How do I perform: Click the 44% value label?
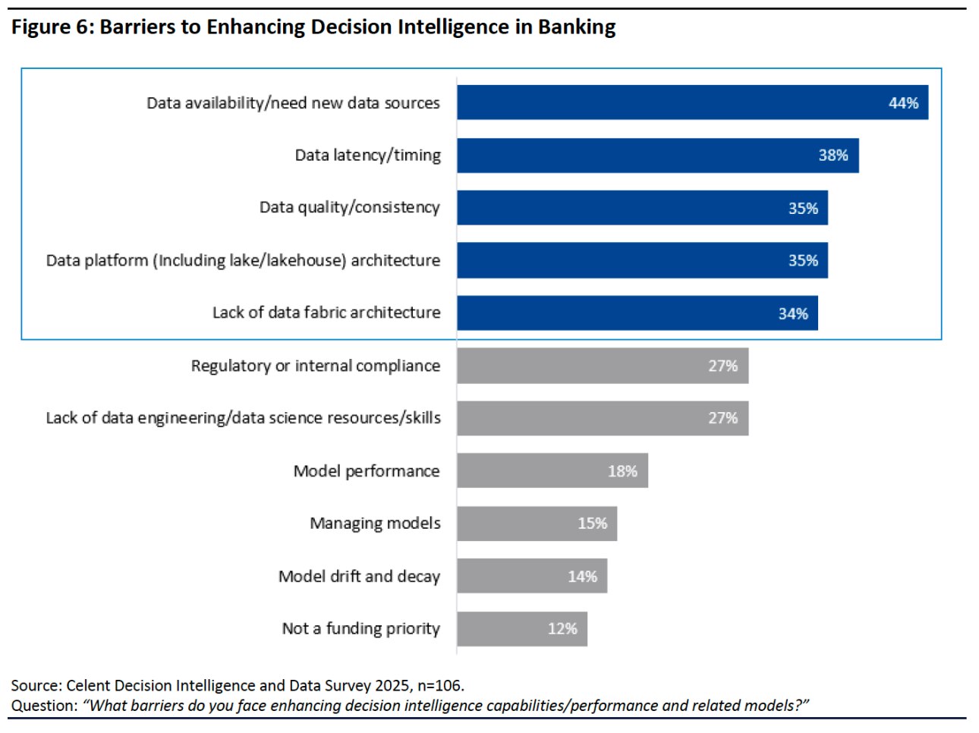[903, 103]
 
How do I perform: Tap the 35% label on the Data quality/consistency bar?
[803, 209]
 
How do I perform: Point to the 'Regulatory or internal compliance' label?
[315, 366]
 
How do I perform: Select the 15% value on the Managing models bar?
[592, 524]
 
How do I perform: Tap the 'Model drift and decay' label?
[359, 577]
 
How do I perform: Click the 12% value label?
[562, 629]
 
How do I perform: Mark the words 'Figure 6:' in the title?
[52, 27]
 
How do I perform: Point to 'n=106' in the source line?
[439, 686]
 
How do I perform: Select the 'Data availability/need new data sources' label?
[293, 103]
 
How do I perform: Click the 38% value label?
[833, 156]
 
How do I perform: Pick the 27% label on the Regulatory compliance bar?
[722, 366]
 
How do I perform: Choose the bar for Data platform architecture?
[642, 261]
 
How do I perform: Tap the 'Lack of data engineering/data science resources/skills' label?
[243, 418]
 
